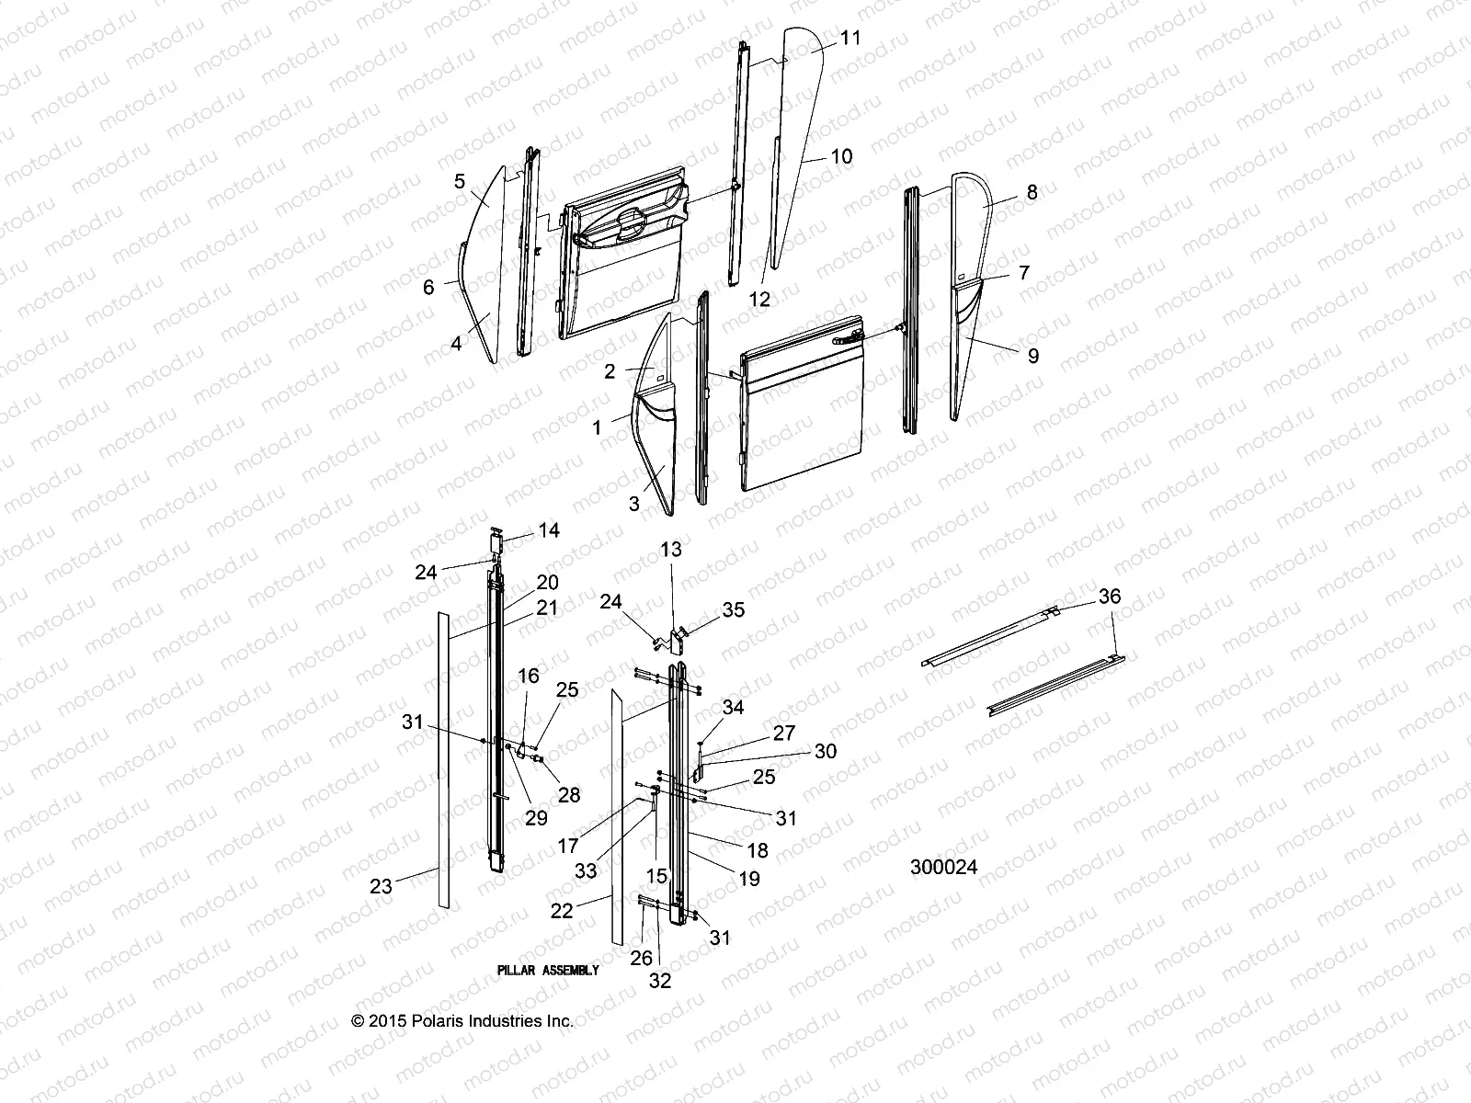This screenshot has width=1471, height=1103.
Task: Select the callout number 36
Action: click(1110, 597)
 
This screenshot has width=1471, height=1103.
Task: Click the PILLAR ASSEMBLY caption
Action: click(548, 970)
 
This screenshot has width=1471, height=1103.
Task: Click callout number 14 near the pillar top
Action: click(549, 530)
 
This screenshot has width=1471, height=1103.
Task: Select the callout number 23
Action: click(381, 886)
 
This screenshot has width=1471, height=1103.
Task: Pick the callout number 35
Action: click(733, 609)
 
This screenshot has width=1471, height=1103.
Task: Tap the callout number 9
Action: click(1032, 356)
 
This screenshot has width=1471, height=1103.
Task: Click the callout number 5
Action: click(460, 181)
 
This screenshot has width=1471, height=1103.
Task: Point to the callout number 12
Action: click(759, 299)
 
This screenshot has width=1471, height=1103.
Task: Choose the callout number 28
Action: click(569, 795)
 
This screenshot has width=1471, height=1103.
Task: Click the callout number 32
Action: click(660, 981)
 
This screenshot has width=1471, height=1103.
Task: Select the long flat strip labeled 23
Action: click(444, 758)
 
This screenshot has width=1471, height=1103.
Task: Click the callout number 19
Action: click(749, 878)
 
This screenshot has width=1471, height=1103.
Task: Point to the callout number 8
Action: click(1032, 192)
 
